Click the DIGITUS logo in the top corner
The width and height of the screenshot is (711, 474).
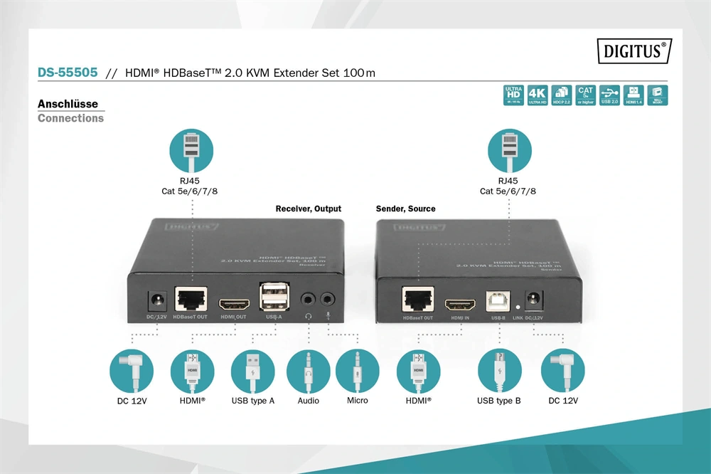pyautogui.click(x=635, y=51)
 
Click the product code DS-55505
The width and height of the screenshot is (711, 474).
pyautogui.click(x=67, y=73)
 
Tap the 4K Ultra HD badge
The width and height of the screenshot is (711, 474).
pyautogui.click(x=538, y=95)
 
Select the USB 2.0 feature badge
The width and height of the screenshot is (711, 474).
pyautogui.click(x=609, y=95)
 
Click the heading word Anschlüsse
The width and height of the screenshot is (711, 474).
pyautogui.click(x=68, y=104)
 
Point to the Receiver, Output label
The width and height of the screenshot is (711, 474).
pyautogui.click(x=308, y=209)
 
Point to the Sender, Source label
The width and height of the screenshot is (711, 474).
pyautogui.click(x=406, y=209)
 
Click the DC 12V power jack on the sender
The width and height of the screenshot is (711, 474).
pyautogui.click(x=531, y=300)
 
